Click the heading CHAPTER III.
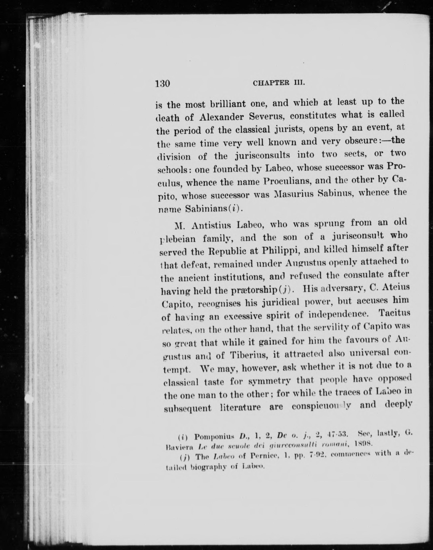(279, 83)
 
